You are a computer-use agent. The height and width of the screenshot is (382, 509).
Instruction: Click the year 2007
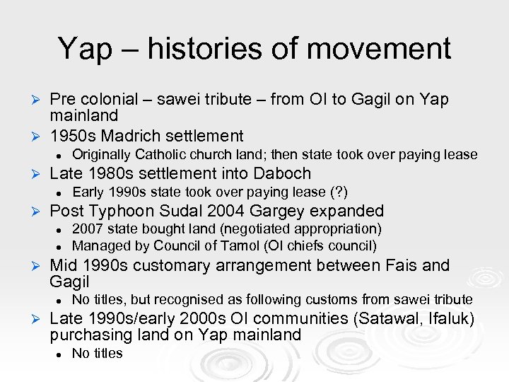coord(86,229)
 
